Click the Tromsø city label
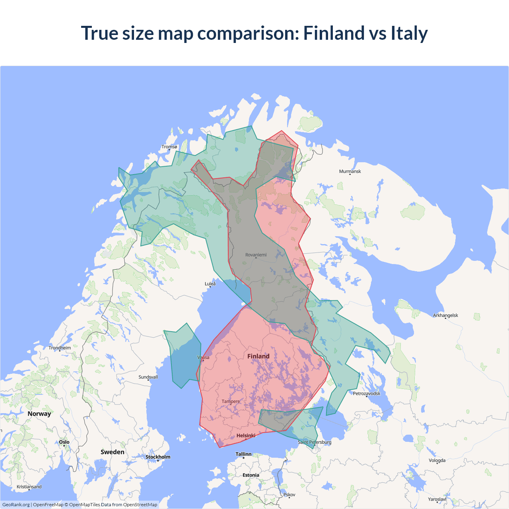(x=169, y=147)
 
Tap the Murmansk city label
(x=350, y=171)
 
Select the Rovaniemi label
(x=256, y=254)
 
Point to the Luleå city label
(x=210, y=284)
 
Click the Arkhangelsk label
(x=445, y=315)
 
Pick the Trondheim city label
(x=60, y=348)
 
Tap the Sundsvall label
(x=148, y=377)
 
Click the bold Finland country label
(x=258, y=356)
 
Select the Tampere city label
(x=231, y=401)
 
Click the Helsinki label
(x=246, y=435)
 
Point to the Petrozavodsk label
(x=367, y=393)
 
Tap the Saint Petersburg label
(x=314, y=442)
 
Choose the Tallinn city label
(x=243, y=454)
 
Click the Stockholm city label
(x=157, y=457)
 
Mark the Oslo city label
(x=64, y=442)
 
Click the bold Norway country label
(x=39, y=414)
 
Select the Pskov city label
(x=289, y=495)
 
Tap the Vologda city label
(x=437, y=460)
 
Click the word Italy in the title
(x=409, y=33)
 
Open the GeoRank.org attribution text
(x=16, y=505)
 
